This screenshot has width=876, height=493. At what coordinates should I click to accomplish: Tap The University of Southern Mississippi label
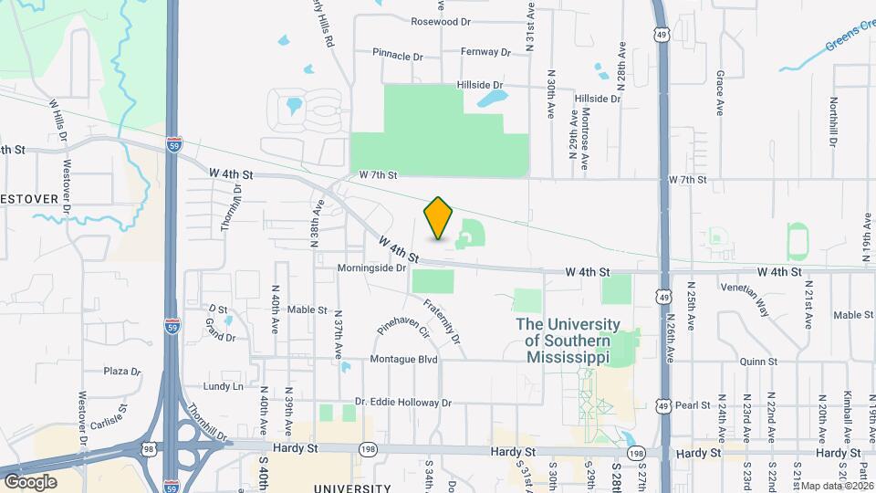coord(568,341)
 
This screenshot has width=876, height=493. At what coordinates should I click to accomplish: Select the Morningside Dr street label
coord(372,267)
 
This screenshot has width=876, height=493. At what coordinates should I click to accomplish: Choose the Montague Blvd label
coord(404,360)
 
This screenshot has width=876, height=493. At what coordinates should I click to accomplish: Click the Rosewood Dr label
coord(441,21)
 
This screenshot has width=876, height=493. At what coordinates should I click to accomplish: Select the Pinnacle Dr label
coord(399,56)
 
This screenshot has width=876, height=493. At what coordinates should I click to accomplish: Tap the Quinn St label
coord(758,362)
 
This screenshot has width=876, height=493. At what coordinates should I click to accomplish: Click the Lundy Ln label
coord(224,386)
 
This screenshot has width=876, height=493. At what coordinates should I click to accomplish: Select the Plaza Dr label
coord(122,372)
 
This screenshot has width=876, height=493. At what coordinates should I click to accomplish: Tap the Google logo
coord(29,481)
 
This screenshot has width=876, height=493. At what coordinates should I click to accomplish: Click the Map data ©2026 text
coord(838,486)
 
